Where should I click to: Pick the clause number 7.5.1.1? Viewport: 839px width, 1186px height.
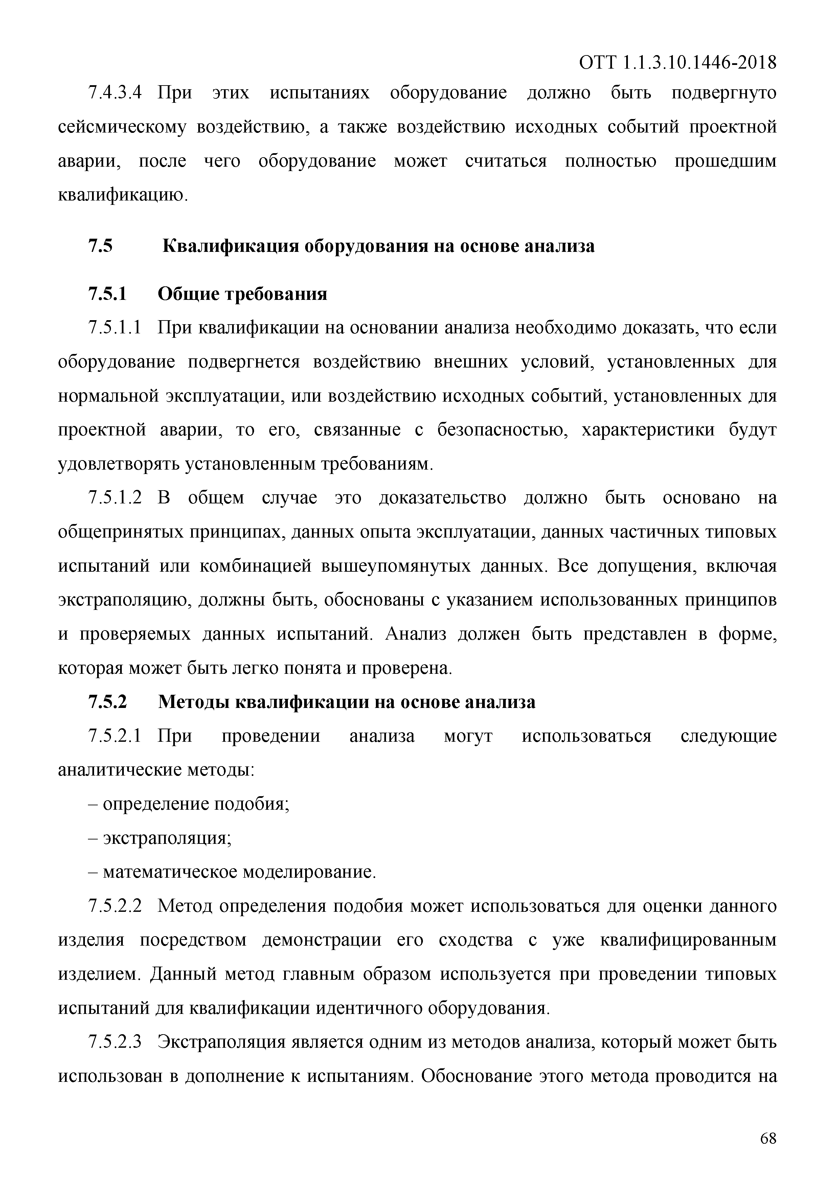[115, 328]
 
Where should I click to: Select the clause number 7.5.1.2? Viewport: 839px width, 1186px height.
[115, 498]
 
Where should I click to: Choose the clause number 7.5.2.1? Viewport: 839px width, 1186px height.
[115, 736]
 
